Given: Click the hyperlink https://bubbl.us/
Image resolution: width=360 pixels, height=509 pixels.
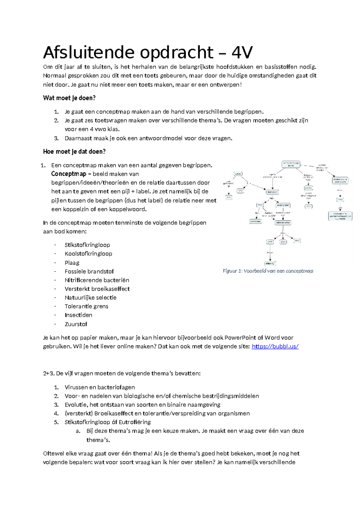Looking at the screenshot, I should pos(275,346).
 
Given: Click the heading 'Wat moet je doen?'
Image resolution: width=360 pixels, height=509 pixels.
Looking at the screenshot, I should pos(69,98).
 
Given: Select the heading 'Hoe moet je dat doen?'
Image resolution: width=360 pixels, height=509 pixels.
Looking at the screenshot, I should pos(74,152).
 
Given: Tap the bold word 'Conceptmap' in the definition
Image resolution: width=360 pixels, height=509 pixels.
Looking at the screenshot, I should pos(69,174).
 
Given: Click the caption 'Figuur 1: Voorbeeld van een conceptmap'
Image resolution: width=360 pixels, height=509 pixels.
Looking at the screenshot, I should pos(268,271).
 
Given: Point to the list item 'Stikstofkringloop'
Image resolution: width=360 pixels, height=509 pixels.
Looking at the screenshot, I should pos(87,245).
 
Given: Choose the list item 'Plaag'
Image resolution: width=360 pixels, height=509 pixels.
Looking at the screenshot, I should pos(72,263).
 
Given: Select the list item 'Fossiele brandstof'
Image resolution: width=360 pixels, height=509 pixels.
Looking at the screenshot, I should pos(89,271).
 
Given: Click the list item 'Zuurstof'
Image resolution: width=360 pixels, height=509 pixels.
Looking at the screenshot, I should pos(76,324).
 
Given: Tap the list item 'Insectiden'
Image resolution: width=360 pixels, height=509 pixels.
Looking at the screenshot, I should pos(78,315).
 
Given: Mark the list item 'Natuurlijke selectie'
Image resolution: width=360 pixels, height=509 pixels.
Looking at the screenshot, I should pos(91,298).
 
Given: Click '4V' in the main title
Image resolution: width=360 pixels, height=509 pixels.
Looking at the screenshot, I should pos(242,53).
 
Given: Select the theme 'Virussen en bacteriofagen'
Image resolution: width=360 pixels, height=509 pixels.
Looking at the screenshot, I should pos(100,387).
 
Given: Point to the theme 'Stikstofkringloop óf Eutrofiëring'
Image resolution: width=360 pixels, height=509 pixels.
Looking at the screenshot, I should pos(108,422).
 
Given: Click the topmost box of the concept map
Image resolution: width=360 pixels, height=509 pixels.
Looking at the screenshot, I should pos(291,164).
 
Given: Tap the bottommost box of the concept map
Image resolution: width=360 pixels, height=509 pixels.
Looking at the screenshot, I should pos(270,264).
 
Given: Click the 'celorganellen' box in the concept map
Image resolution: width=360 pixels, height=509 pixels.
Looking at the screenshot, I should pos(283,223).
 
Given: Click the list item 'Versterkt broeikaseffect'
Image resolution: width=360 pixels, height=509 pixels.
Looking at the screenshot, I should pos(97,289).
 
